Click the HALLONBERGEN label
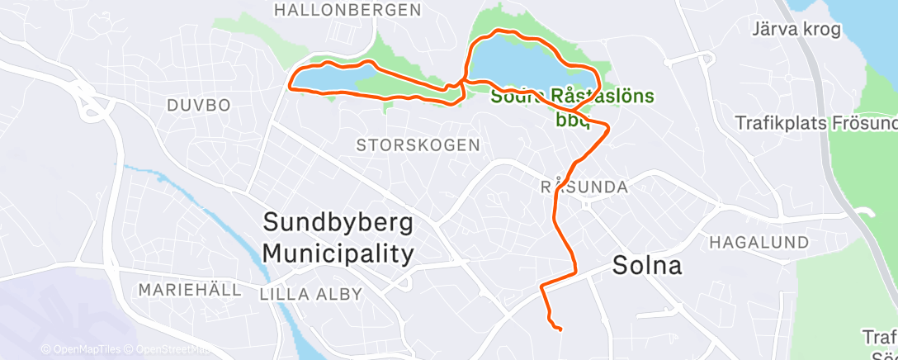[347, 11]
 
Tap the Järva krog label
[796, 31]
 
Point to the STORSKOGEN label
[418, 145]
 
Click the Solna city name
[647, 266]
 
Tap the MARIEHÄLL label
[190, 290]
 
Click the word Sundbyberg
[338, 223]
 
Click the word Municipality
[338, 253]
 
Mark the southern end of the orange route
[560, 329]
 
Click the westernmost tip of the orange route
[289, 84]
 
